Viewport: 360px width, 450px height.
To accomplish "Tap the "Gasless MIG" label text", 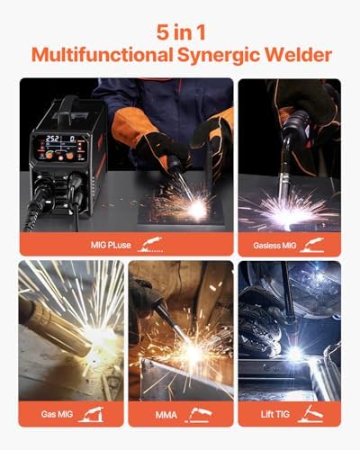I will point(274,242).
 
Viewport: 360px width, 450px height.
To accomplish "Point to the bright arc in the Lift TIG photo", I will point(293,354).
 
